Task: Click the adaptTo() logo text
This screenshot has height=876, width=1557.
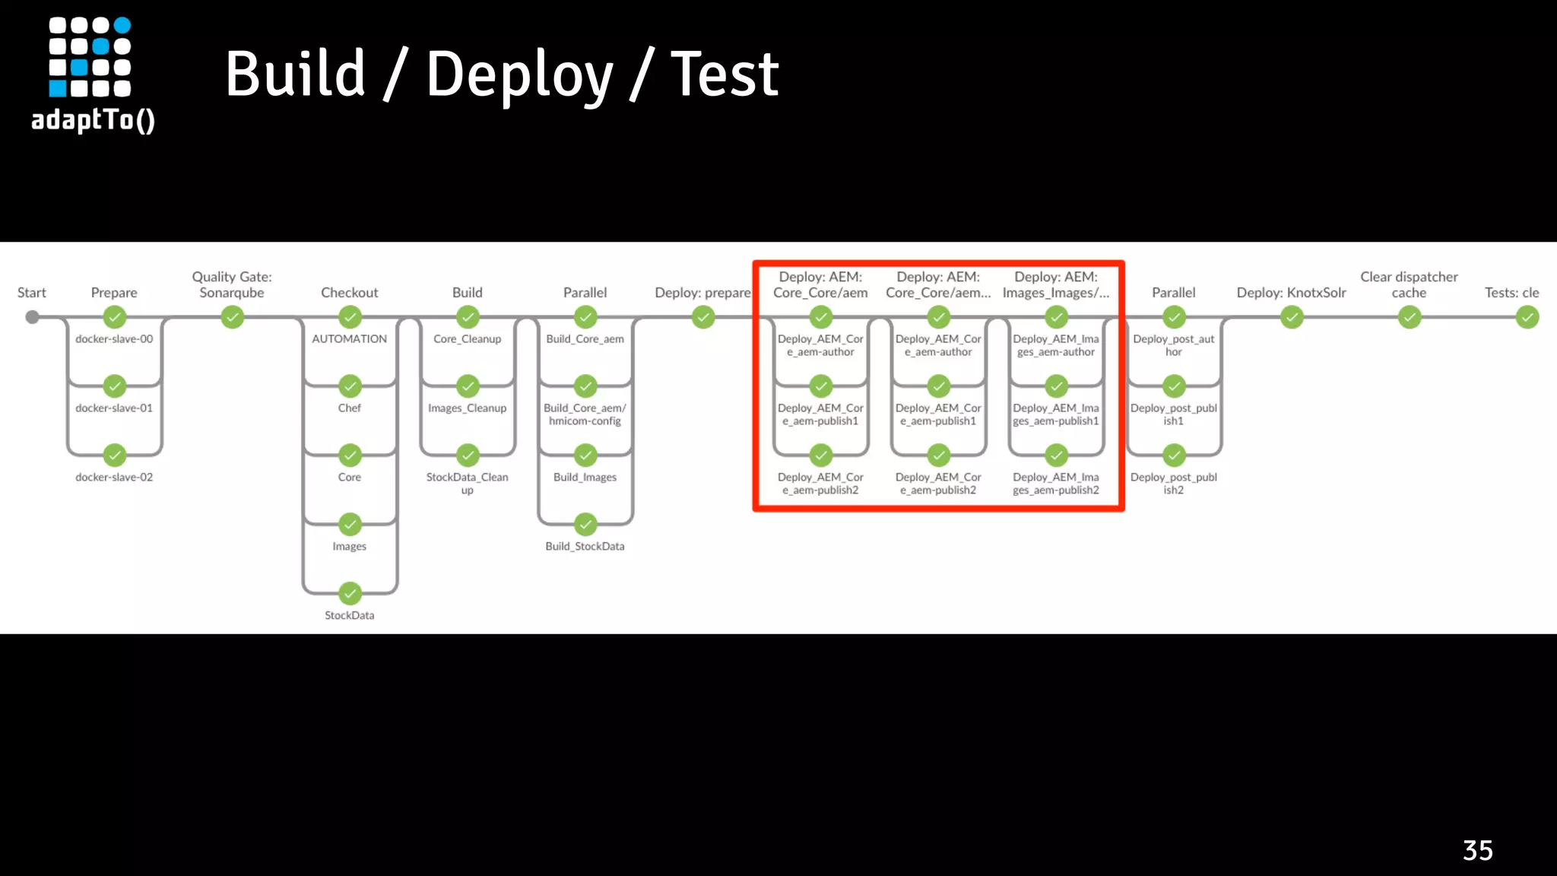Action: pyautogui.click(x=93, y=120)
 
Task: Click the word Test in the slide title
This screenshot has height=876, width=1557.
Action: pyautogui.click(x=725, y=75)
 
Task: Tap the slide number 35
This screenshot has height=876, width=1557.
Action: pyautogui.click(x=1477, y=850)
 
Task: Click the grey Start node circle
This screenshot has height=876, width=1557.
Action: pyautogui.click(x=32, y=317)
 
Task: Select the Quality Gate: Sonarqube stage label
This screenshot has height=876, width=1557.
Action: pyautogui.click(x=232, y=285)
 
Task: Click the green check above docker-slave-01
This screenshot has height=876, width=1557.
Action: pyautogui.click(x=115, y=386)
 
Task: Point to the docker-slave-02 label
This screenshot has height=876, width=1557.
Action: pyautogui.click(x=114, y=478)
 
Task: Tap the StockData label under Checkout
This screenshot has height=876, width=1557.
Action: pyautogui.click(x=350, y=616)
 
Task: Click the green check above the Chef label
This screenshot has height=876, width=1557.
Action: pyautogui.click(x=350, y=386)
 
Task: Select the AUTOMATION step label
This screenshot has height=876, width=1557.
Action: pyautogui.click(x=350, y=339)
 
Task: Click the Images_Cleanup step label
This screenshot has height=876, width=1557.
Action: pyautogui.click(x=467, y=408)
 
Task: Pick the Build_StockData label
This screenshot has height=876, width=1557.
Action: pyautogui.click(x=585, y=547)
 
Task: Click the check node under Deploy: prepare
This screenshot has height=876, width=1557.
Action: pyautogui.click(x=703, y=317)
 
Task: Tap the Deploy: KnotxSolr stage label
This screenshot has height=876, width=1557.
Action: pyautogui.click(x=1291, y=293)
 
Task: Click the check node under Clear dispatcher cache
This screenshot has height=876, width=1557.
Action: pyautogui.click(x=1410, y=317)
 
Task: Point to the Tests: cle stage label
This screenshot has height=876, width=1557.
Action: pyautogui.click(x=1511, y=293)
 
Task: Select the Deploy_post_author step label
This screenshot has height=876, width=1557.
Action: pyautogui.click(x=1174, y=345)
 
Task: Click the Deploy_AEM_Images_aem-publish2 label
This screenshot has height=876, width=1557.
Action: pyautogui.click(x=1056, y=484)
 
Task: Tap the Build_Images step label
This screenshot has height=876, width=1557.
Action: pyautogui.click(x=585, y=478)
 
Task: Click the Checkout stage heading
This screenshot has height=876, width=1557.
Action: pyautogui.click(x=350, y=293)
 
